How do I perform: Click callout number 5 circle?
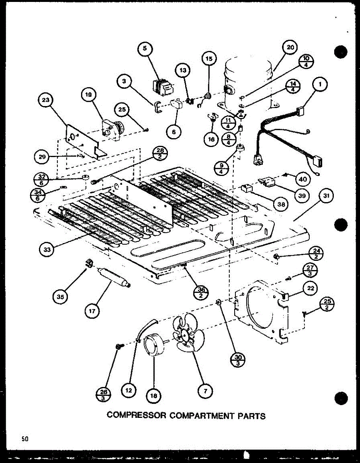[145, 49]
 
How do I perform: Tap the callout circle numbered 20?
[290, 47]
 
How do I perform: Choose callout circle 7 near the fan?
[205, 391]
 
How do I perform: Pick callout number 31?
[326, 197]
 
